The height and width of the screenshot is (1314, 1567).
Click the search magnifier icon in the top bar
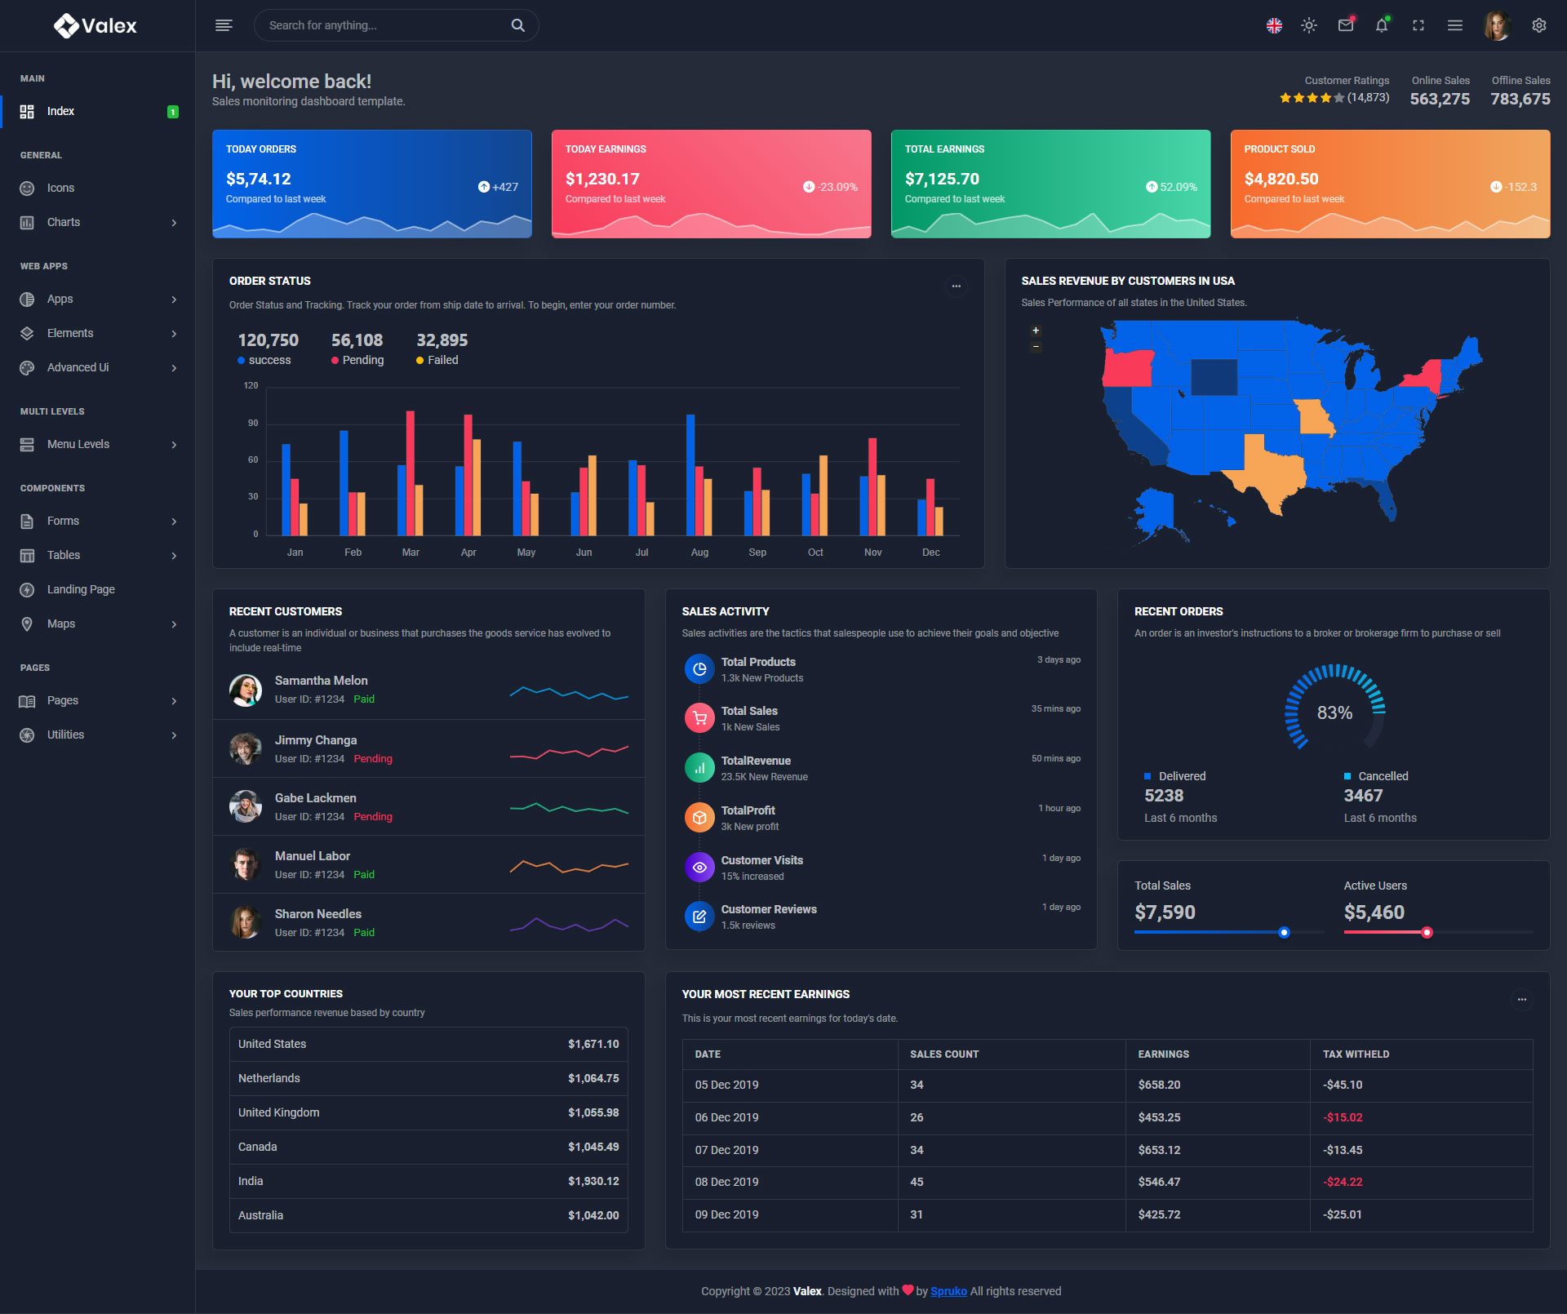click(x=517, y=25)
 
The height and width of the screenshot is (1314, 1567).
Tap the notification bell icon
click(x=1382, y=26)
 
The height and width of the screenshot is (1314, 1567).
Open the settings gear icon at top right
click(x=1539, y=25)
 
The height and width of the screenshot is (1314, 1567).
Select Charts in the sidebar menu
click(x=64, y=222)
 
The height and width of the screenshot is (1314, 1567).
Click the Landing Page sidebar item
click(x=81, y=589)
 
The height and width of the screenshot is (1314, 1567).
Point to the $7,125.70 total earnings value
click(x=942, y=179)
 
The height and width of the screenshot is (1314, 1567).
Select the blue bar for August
click(x=690, y=474)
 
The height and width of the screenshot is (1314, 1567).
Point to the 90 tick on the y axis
click(x=253, y=423)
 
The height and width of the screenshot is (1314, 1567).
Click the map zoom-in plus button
click(x=1036, y=331)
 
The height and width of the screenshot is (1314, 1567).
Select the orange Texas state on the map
click(x=1270, y=474)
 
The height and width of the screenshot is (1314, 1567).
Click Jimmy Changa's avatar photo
click(x=246, y=748)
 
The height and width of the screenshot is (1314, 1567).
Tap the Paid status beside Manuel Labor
click(x=364, y=875)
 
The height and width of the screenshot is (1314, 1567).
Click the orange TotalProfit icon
click(x=699, y=817)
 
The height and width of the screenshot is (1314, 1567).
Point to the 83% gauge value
click(x=1334, y=712)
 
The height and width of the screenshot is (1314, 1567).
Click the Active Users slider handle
click(x=1427, y=932)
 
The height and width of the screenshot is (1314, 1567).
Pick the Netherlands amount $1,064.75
click(x=593, y=1078)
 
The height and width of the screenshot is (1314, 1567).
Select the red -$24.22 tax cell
click(x=1343, y=1182)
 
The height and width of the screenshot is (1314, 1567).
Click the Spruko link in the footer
click(x=948, y=1291)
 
